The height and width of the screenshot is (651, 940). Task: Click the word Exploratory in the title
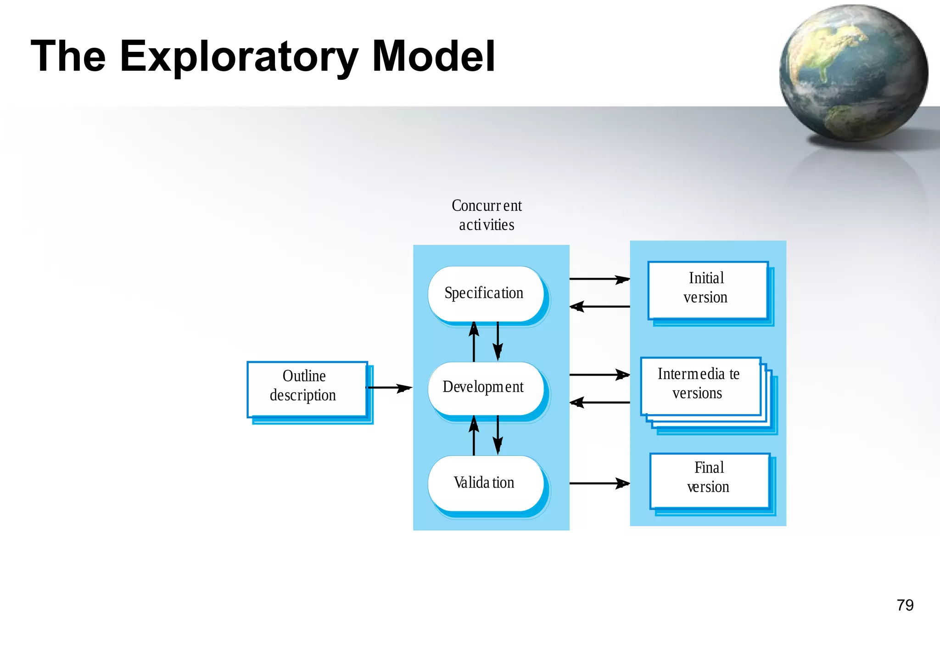click(x=239, y=57)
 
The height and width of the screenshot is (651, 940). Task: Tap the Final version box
click(x=710, y=480)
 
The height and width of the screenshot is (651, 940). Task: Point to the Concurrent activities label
click(x=487, y=215)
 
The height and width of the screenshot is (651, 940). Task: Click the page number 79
click(x=905, y=605)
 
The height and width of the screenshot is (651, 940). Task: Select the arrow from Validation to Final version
click(x=599, y=483)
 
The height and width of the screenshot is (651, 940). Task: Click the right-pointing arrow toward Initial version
click(x=599, y=279)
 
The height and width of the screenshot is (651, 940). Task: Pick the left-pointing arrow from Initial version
click(x=599, y=306)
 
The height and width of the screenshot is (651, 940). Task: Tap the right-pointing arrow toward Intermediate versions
click(x=599, y=375)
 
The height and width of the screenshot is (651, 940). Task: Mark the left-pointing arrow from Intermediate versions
click(x=599, y=402)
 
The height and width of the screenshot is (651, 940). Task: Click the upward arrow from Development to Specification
click(x=474, y=342)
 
